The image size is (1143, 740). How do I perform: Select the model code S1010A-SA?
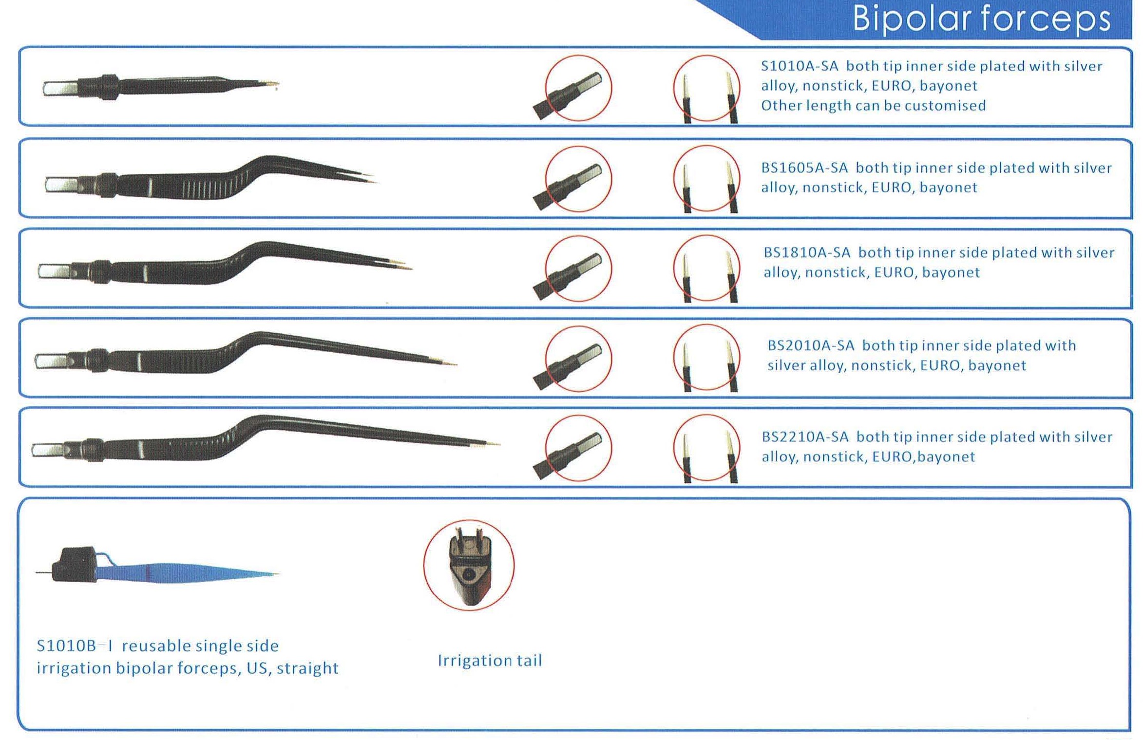(799, 66)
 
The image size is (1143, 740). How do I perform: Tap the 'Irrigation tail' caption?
(490, 661)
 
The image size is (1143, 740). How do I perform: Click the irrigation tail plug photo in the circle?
(469, 565)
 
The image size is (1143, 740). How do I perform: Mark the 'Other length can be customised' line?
(873, 106)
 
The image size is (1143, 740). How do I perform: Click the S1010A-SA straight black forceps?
(161, 87)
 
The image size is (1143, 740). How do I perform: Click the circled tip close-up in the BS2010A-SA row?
(706, 358)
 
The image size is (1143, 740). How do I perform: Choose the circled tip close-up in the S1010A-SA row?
(706, 88)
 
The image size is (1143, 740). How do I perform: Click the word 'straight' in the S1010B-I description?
(307, 668)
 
